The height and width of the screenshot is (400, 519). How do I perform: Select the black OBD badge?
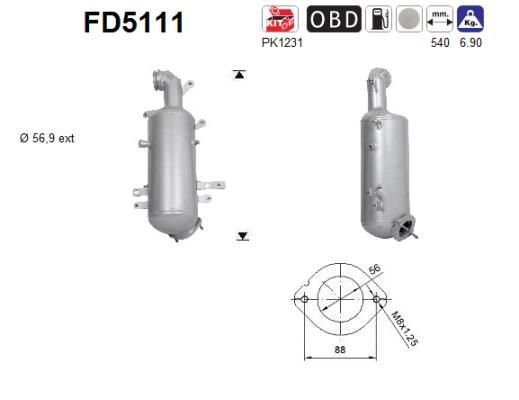333,20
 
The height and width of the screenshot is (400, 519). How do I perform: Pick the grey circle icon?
409,20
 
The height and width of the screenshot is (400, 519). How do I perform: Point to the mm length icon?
439,20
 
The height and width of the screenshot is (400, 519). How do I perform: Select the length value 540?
438,43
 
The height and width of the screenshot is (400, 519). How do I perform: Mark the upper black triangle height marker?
240,75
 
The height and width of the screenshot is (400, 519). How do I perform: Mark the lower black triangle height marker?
241,236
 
